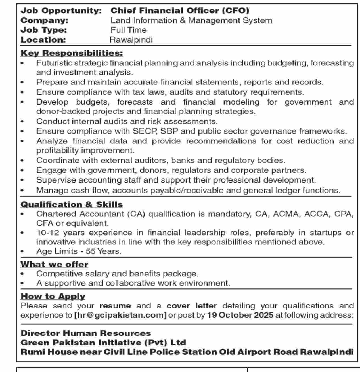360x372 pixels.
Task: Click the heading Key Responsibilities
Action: pos(72,53)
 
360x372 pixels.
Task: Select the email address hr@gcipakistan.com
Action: pos(120,315)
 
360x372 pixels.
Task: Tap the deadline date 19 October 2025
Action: pos(240,315)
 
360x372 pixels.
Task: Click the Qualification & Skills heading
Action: pos(72,204)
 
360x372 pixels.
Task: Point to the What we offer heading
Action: pos(54,264)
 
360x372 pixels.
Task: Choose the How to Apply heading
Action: pos(53,296)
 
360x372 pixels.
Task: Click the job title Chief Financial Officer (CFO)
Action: pos(180,11)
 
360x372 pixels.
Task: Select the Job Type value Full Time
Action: pos(129,30)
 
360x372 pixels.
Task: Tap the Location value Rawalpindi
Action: pos(131,40)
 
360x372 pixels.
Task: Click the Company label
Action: pos(45,20)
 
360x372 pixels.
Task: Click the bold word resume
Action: pos(115,306)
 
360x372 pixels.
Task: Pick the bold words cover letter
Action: pos(192,306)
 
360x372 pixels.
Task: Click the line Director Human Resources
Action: pos(86,333)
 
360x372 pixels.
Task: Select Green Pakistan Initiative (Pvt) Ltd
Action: pos(103,343)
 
